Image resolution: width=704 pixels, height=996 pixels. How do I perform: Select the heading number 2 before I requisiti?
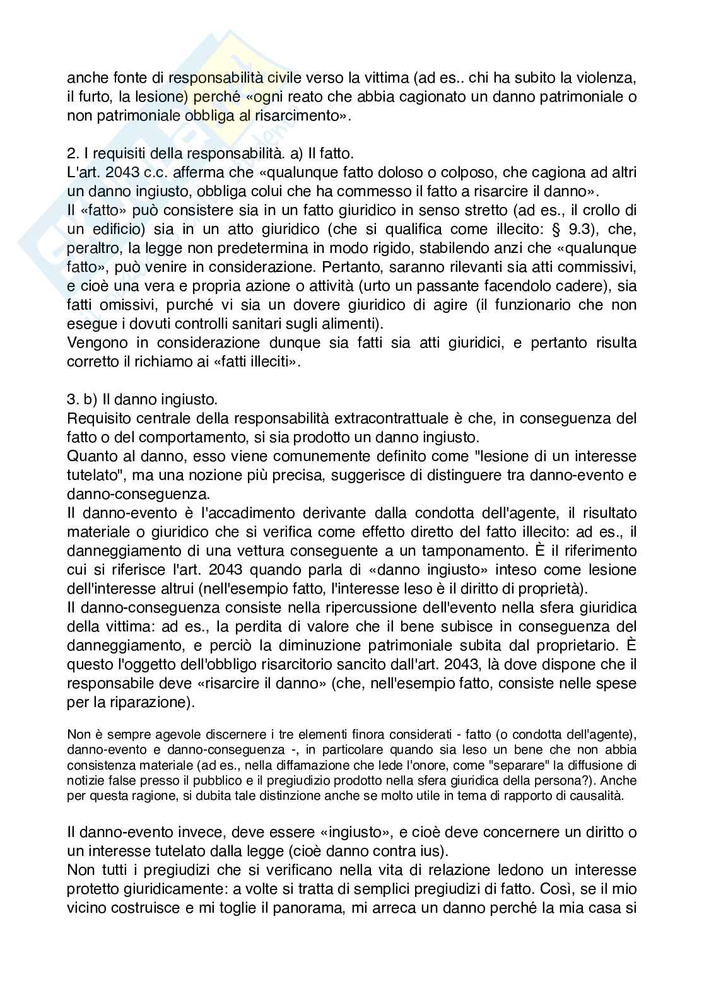point(71,154)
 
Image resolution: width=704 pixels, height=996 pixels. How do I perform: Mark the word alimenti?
point(353,324)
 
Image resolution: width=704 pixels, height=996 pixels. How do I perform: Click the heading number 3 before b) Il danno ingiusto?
point(71,400)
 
